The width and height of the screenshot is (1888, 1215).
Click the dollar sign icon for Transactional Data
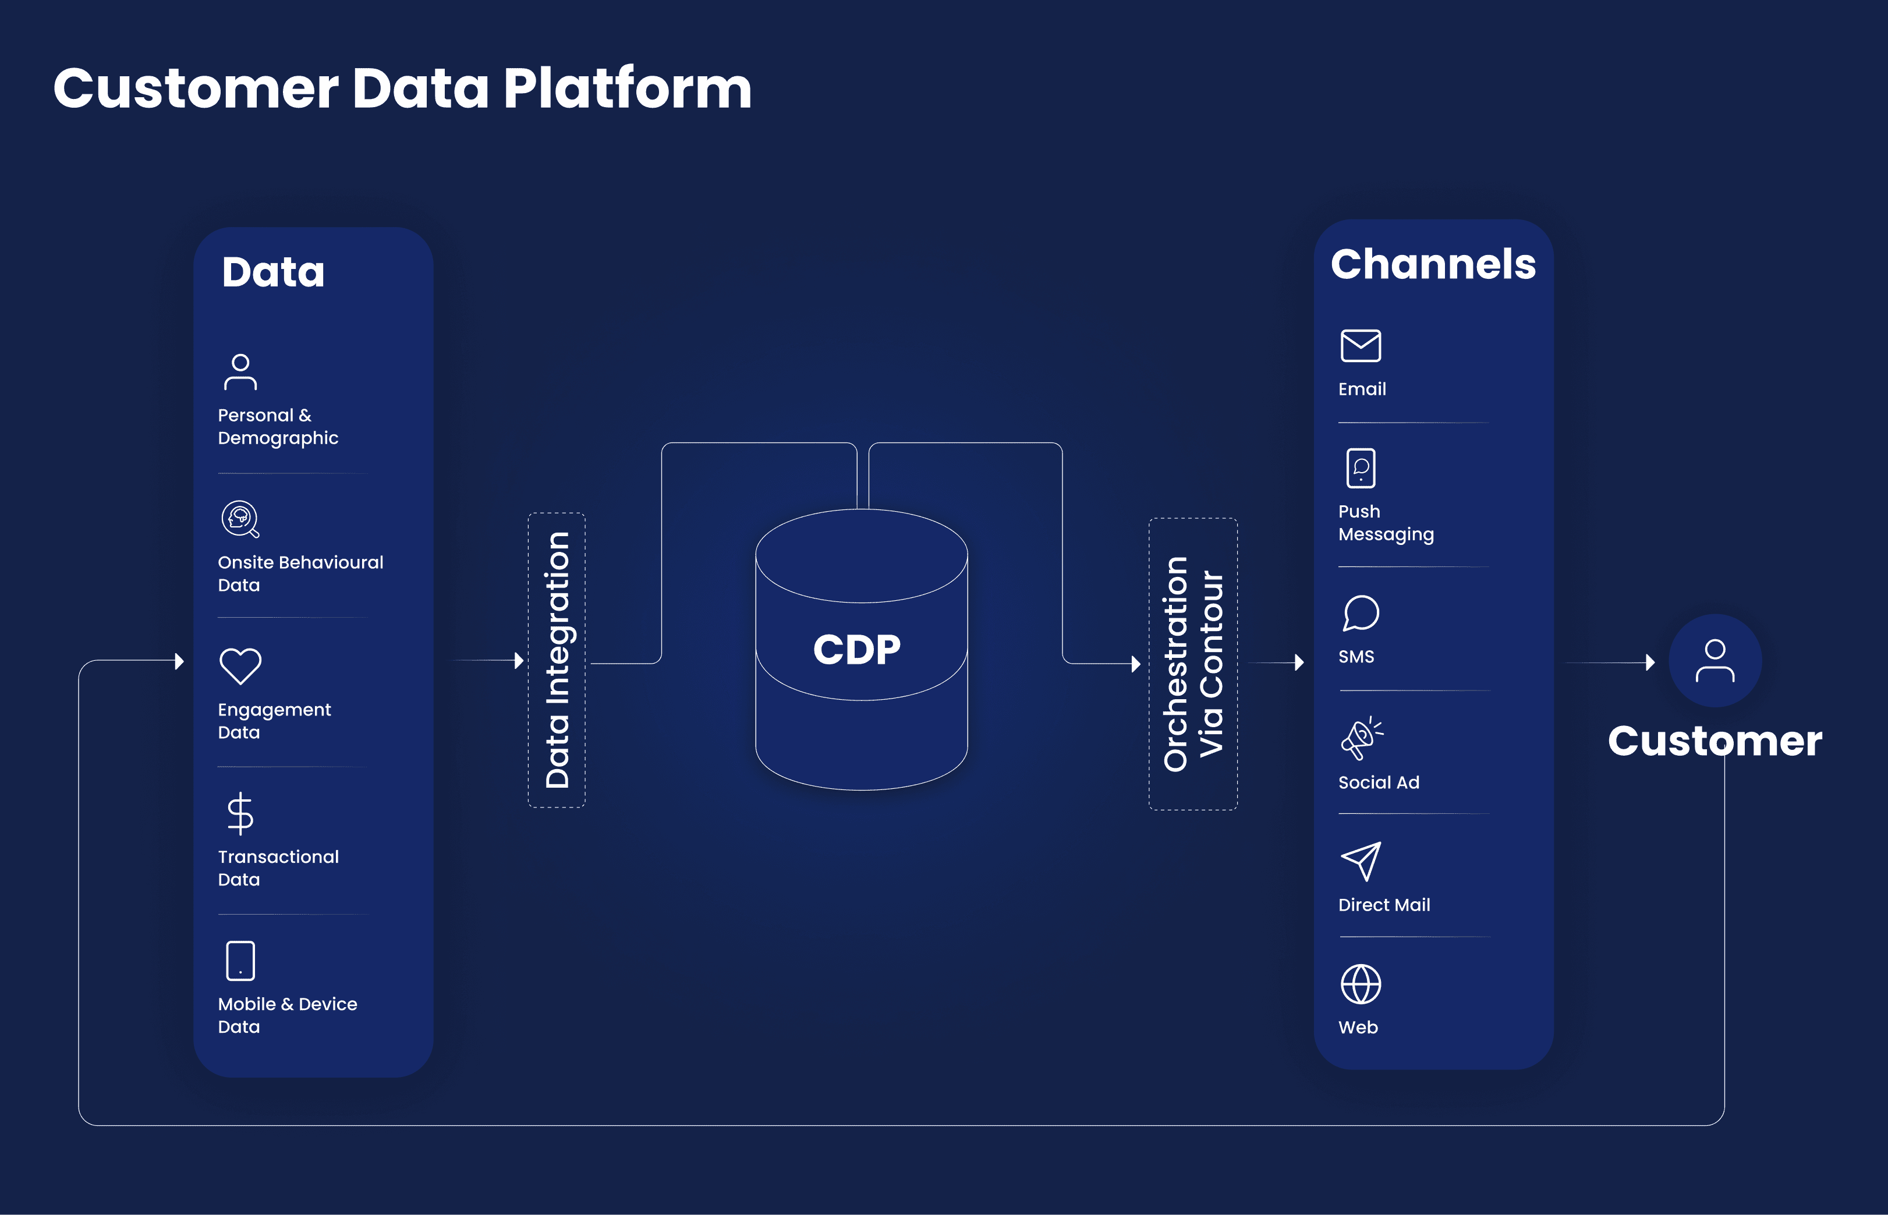click(x=240, y=813)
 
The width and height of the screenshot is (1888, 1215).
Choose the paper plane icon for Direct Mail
click(x=1361, y=861)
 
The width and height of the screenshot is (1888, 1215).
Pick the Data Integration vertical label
click(x=557, y=660)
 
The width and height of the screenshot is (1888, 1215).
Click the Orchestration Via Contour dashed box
click(x=1193, y=664)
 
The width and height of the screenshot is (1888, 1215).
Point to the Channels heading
click(x=1433, y=264)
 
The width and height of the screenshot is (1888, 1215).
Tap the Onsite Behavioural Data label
click(x=300, y=573)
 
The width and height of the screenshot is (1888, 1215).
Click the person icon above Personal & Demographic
click(x=240, y=371)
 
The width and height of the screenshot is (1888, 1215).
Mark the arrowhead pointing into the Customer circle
click(x=1650, y=662)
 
